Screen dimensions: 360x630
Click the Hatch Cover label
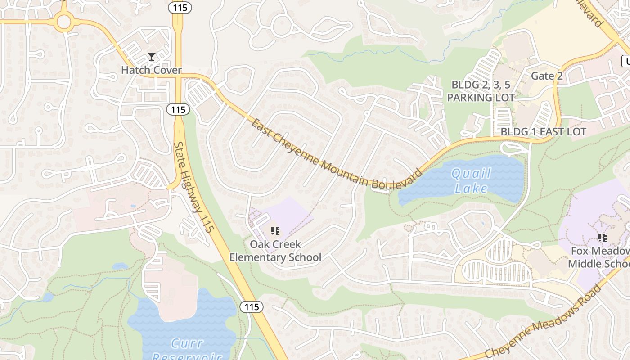(151, 70)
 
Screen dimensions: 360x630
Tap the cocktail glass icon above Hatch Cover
(152, 57)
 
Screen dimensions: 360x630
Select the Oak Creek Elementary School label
(275, 251)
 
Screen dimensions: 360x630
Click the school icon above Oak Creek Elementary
(275, 231)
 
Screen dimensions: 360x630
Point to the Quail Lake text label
(471, 180)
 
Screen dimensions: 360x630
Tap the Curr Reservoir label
(187, 349)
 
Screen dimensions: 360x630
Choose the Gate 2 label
(547, 76)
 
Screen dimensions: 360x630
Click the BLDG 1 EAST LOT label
(544, 132)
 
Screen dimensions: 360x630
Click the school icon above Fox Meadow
(602, 237)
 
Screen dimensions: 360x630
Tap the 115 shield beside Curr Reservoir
(251, 307)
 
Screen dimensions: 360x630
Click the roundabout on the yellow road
(64, 21)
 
